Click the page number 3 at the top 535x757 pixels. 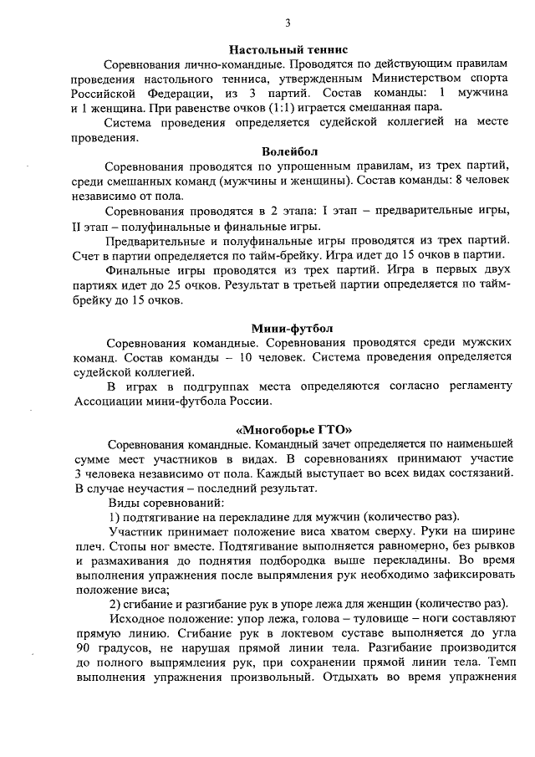pos(287,23)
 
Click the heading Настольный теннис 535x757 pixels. pos(287,51)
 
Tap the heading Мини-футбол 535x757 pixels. pos(287,328)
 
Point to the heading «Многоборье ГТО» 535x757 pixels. pos(287,428)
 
